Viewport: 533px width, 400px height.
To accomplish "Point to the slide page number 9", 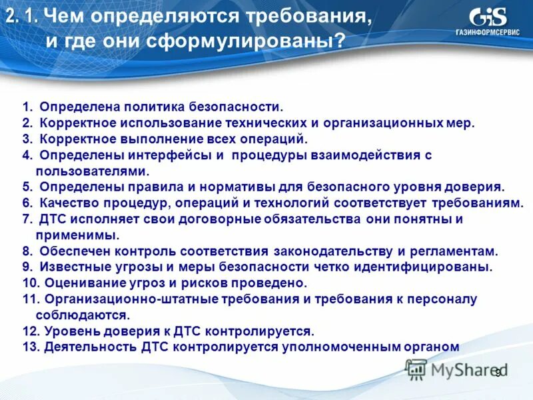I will coord(497,373).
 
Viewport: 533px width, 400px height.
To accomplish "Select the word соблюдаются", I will coord(82,315).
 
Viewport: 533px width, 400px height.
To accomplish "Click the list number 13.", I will coord(30,347).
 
